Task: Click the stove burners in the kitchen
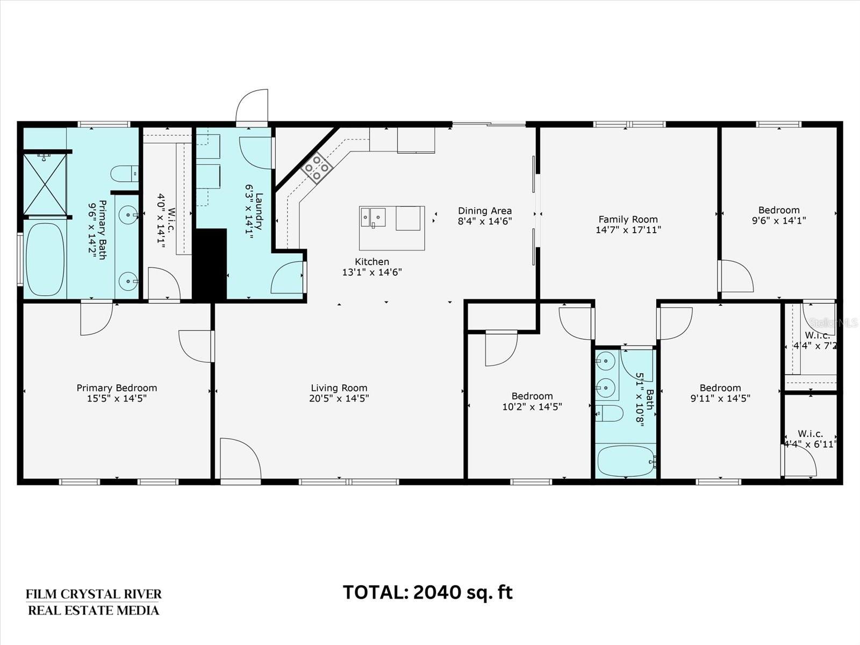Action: (x=317, y=168)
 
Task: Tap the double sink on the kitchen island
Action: (x=373, y=217)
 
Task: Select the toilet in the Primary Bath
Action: (x=125, y=174)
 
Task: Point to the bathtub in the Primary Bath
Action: (x=45, y=259)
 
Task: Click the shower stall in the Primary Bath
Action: (x=45, y=184)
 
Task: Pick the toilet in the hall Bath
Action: (x=609, y=413)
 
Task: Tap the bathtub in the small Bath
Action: (x=625, y=461)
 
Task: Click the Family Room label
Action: (x=628, y=219)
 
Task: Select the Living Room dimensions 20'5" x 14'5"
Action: (x=339, y=398)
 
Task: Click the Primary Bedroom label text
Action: (x=117, y=388)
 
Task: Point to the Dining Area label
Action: (x=485, y=211)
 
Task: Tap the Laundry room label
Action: (x=259, y=211)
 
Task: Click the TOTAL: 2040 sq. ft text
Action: (x=428, y=592)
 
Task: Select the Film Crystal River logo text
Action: (x=94, y=603)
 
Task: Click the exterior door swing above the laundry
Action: (x=252, y=106)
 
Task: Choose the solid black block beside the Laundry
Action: (x=210, y=265)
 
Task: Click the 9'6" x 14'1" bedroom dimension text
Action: (x=778, y=220)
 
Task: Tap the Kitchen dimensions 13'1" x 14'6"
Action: (x=372, y=272)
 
